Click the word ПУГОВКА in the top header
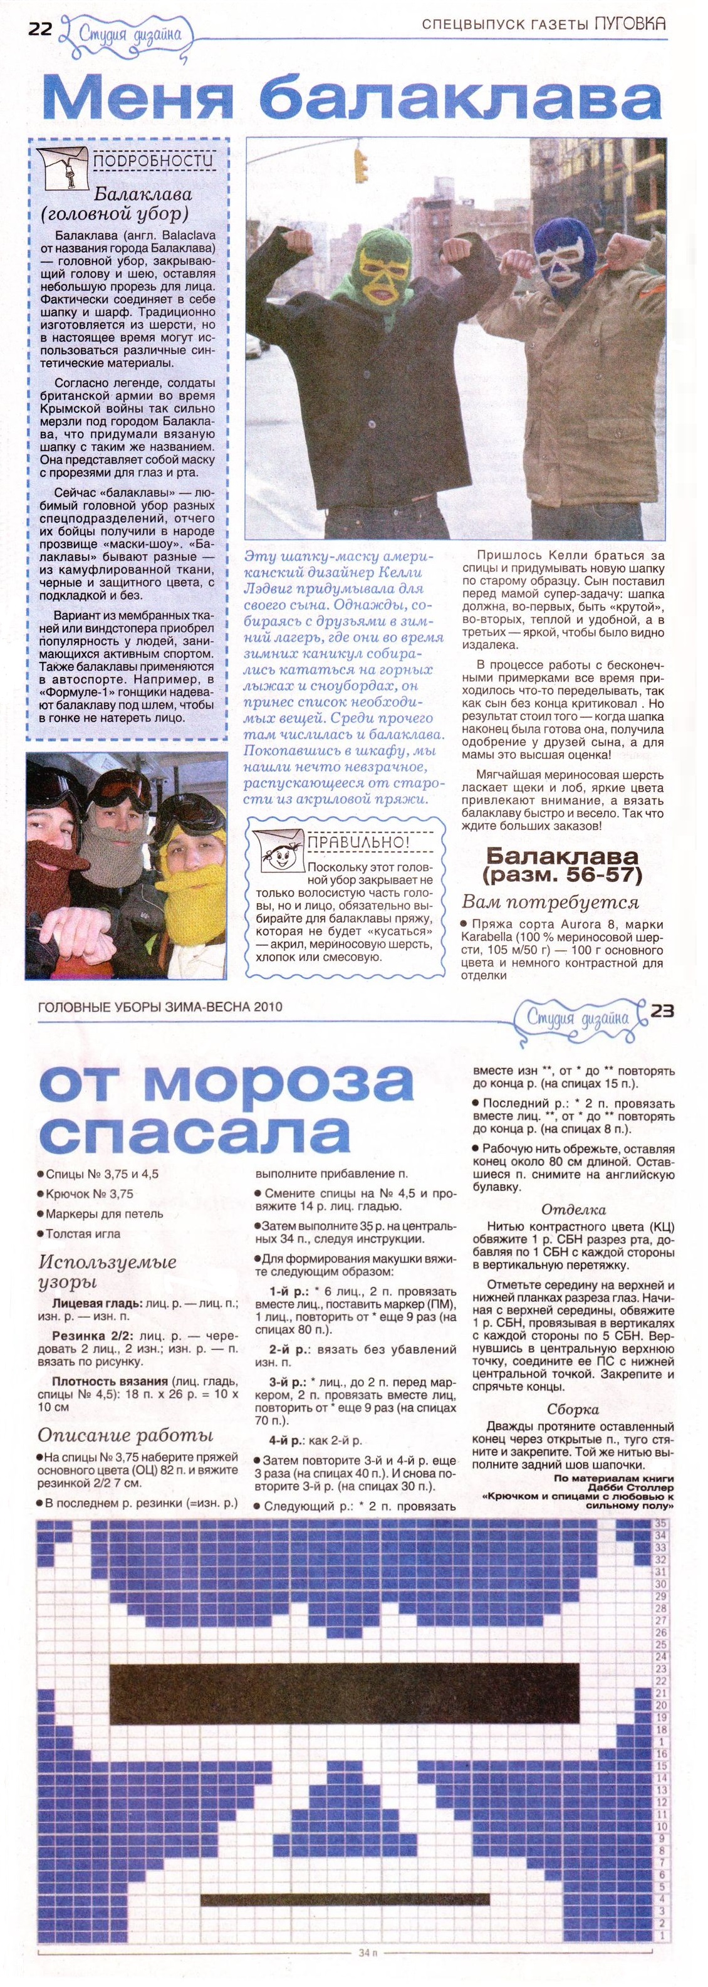coord(630,24)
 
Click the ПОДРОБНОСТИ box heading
coord(153,160)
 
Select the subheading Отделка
coord(573,1208)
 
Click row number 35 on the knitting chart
coord(660,1523)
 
